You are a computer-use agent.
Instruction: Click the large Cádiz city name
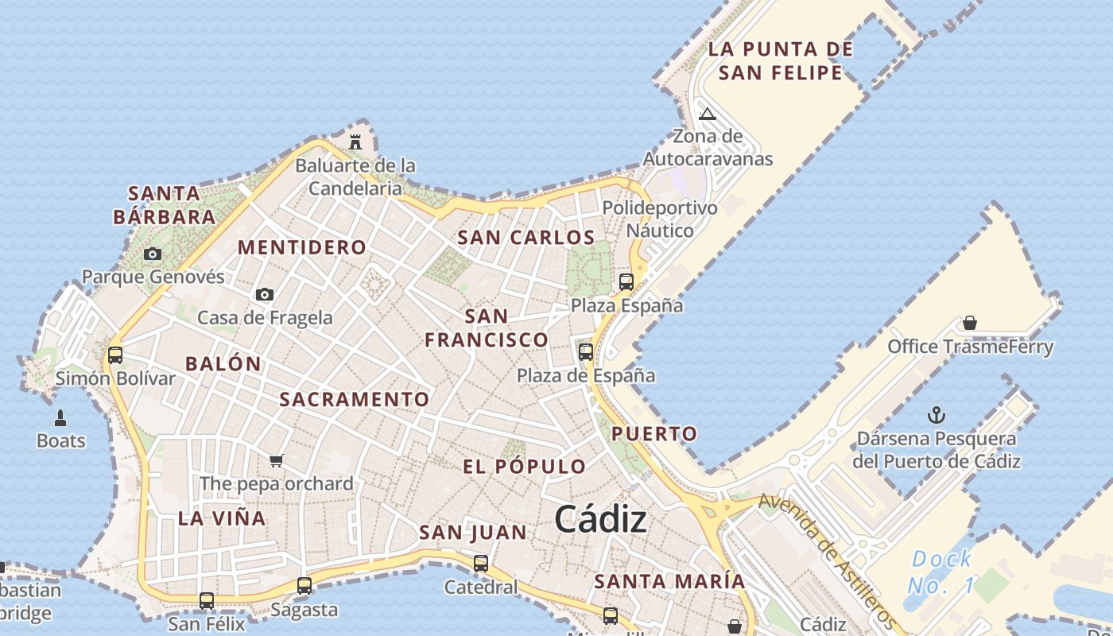pos(600,520)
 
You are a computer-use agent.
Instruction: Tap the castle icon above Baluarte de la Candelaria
pos(355,142)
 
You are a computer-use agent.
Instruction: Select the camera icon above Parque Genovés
pos(153,254)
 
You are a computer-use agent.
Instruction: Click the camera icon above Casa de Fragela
pos(265,295)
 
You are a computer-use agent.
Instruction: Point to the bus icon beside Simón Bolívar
pos(115,355)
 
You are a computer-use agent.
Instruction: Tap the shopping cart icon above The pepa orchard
pos(277,460)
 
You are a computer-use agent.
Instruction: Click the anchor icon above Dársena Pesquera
pos(937,415)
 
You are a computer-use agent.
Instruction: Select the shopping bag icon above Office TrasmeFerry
pos(969,323)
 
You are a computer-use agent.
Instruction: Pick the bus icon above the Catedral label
pos(481,564)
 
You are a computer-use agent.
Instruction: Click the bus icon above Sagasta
pos(304,586)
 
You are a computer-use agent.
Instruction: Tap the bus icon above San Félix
pos(207,600)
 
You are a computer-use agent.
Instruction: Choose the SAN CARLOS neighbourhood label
pos(526,238)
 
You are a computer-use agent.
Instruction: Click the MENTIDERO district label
pos(302,247)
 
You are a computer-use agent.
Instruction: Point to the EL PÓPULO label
pos(525,467)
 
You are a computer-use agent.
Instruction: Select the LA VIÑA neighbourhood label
pos(222,518)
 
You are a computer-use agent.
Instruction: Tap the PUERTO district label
pos(654,434)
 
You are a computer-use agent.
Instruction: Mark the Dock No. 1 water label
pos(941,572)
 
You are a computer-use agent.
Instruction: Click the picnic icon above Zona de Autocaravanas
pos(708,114)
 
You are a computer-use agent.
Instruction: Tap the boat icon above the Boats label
pos(60,417)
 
